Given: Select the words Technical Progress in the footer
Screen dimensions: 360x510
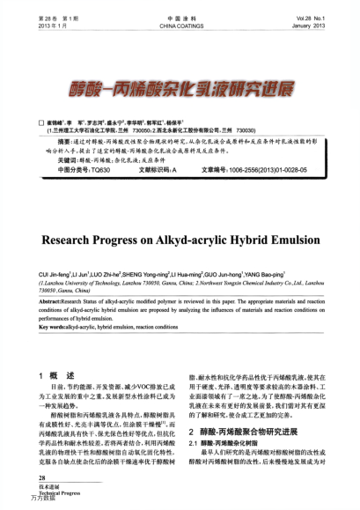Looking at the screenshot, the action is (x=42, y=493).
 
